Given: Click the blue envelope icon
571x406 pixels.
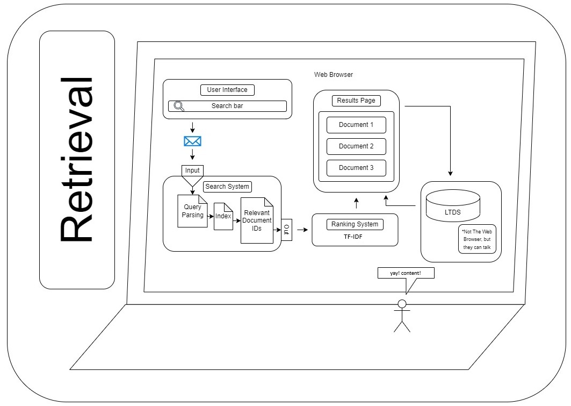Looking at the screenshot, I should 192,141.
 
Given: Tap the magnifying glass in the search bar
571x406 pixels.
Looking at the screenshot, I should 179,106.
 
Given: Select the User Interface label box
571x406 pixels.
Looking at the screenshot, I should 227,90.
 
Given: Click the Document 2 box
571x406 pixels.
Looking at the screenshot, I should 356,146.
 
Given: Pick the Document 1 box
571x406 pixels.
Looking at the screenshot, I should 356,125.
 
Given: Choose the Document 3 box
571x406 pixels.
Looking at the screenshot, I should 356,168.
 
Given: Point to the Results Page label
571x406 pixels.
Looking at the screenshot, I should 356,101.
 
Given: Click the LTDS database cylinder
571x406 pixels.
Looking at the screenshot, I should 452,205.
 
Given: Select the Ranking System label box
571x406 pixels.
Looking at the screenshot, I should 355,224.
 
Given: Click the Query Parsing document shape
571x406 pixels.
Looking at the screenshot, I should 192,211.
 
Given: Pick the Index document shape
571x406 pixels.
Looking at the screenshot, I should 223,216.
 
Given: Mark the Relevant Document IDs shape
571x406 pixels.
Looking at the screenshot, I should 257,220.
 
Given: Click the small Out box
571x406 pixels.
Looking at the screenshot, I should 286,230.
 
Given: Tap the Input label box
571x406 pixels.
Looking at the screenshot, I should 192,170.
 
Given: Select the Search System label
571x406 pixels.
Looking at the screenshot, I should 227,187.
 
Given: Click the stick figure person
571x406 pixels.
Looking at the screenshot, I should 402,316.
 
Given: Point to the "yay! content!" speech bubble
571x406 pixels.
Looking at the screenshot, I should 406,273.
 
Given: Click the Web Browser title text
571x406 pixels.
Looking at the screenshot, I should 334,75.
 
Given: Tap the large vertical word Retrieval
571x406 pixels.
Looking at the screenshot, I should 77,160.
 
